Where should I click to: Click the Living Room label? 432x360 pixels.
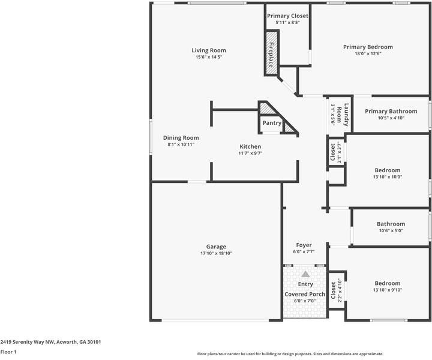coord(209,50)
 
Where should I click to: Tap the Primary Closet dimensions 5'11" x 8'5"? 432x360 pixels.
coord(287,23)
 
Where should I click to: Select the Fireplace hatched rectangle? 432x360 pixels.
coord(272,54)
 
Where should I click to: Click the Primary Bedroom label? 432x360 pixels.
coord(368,47)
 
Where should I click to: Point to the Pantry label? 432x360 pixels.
coord(272,123)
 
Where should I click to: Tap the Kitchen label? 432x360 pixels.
coord(251,146)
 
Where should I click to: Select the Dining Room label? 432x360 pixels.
coord(181,137)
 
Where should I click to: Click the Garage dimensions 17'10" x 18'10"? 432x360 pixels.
coord(216,254)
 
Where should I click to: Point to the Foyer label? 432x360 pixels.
coord(304,245)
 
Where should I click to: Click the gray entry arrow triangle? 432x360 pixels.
coord(305,274)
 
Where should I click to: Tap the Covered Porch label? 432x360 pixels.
coord(305,294)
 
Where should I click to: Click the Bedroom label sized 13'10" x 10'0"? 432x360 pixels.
coord(387,170)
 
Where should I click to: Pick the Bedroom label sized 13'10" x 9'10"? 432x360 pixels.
coord(387,283)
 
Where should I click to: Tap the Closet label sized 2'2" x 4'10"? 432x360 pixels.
coord(334,290)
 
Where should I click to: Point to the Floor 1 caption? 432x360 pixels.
coord(8,352)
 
